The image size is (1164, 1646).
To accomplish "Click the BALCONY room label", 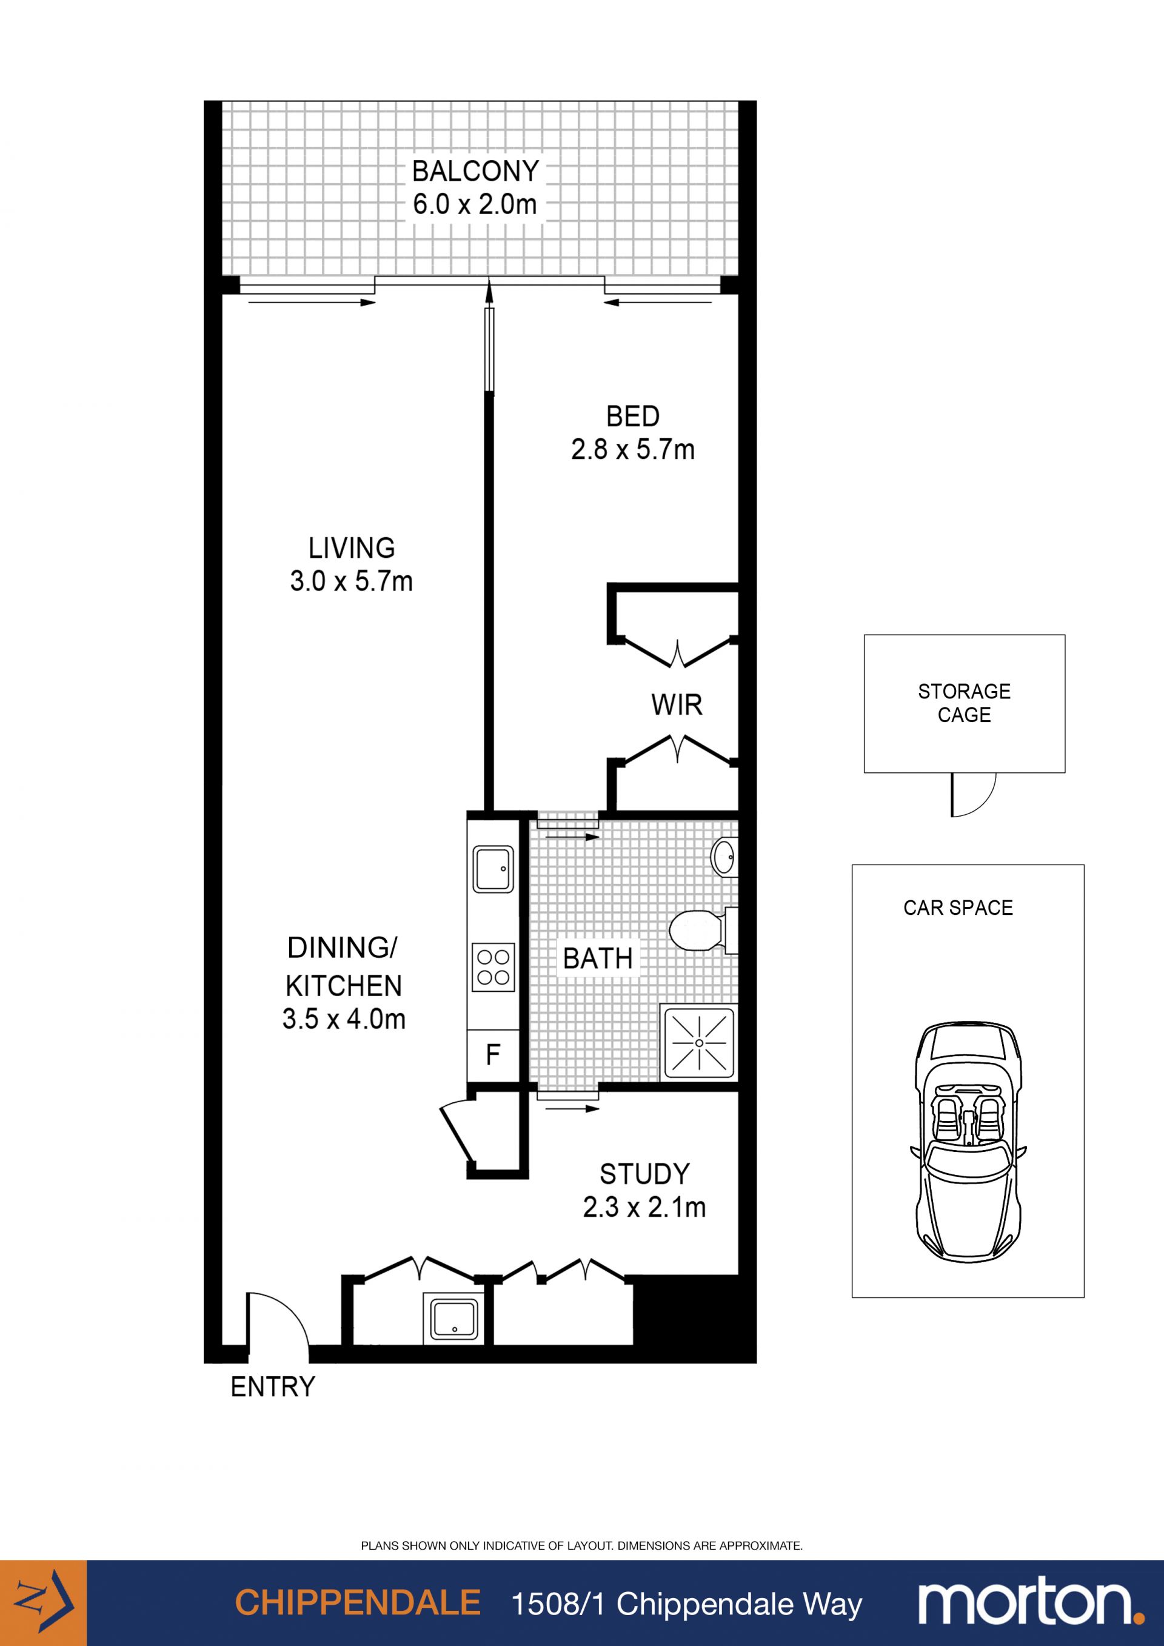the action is click(475, 172).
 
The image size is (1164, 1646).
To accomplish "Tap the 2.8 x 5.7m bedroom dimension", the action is click(633, 449).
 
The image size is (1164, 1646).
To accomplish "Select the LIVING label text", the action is click(351, 549).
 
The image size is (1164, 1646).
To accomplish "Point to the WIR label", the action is click(677, 704).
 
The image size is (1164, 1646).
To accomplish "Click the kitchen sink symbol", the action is click(493, 869).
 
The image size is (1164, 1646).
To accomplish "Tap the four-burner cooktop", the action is click(493, 968).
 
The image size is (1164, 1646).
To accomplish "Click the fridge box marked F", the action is click(493, 1054).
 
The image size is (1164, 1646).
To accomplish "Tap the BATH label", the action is click(598, 958).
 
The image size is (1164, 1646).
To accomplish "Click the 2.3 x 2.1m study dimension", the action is click(644, 1207).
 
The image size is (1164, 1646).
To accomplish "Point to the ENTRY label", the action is click(273, 1387).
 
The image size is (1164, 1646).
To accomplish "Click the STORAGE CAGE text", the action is click(964, 703).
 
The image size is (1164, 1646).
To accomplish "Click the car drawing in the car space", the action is click(968, 1144).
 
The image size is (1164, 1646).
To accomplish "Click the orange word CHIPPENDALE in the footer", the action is click(358, 1603).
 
